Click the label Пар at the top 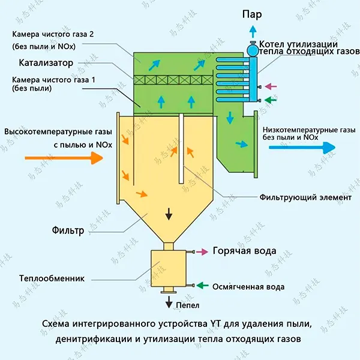(253, 14)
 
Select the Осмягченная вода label (248, 287)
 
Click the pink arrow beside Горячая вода (201, 251)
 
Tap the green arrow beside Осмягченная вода (202, 286)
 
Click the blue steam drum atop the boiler (253, 49)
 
